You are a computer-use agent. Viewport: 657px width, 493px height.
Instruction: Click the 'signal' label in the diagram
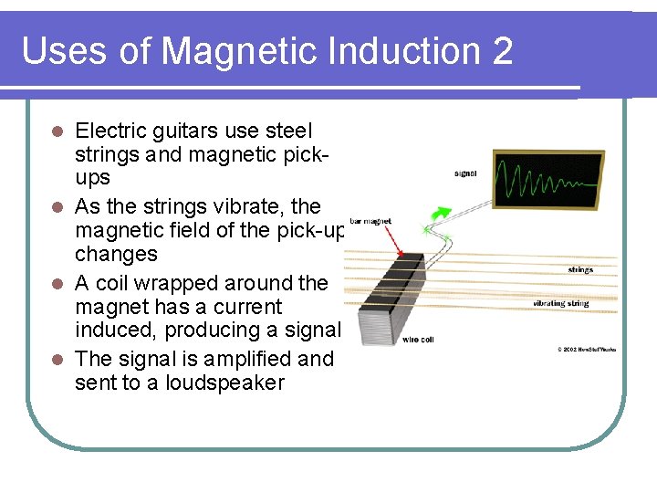tap(464, 174)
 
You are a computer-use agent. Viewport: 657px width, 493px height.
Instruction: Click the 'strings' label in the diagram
tap(579, 269)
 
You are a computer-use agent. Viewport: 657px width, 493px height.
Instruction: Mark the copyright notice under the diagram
tap(587, 349)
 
